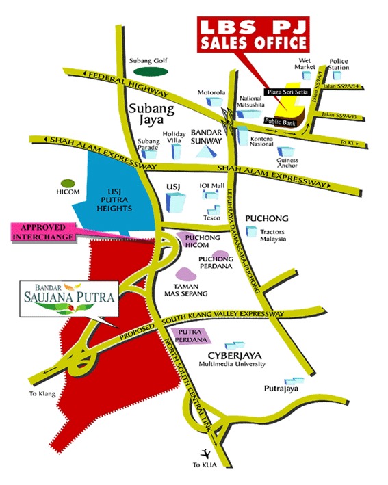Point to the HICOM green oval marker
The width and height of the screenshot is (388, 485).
click(x=67, y=183)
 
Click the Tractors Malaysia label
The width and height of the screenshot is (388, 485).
click(x=275, y=236)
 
